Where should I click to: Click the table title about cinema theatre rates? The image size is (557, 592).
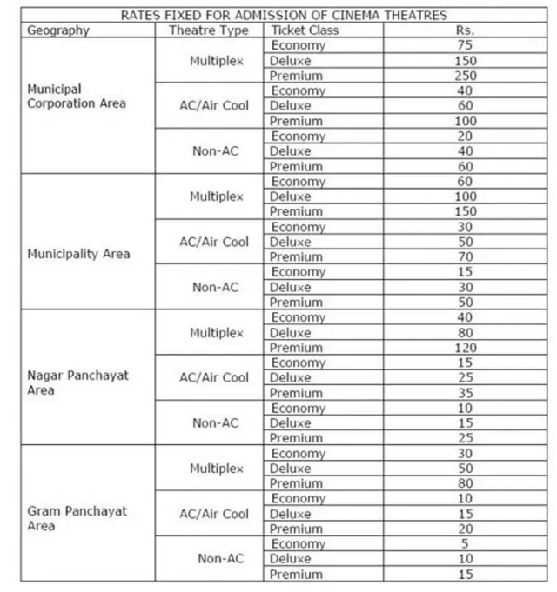285,15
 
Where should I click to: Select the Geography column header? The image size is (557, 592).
58,30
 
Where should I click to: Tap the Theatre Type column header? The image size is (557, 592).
208,30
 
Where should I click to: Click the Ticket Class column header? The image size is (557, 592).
305,30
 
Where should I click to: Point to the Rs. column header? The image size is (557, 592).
465,30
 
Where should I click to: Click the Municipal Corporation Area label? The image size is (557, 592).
77,96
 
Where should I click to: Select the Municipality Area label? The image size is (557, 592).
78,254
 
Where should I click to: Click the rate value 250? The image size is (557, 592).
465,76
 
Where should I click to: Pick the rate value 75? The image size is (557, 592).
465,46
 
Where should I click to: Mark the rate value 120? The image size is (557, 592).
465,348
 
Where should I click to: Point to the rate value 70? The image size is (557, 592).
465,257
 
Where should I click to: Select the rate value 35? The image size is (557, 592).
465,393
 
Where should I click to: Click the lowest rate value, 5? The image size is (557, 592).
465,544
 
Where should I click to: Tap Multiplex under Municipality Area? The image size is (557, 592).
216,197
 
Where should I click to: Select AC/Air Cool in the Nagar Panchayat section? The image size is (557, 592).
214,378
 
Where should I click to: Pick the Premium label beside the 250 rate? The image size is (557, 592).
297,76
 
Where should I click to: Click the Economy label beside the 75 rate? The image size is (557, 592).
299,46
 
